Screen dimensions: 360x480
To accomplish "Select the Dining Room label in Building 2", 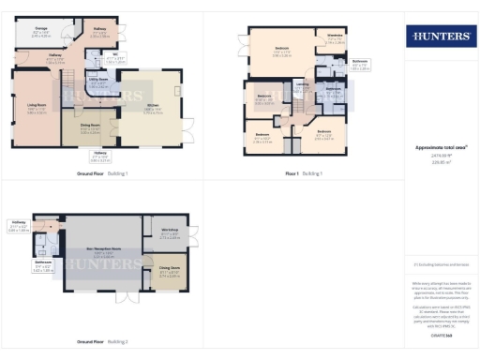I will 169,274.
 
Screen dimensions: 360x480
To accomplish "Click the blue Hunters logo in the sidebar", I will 439,37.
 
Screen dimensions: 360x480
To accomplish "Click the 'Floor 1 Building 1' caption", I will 304,173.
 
